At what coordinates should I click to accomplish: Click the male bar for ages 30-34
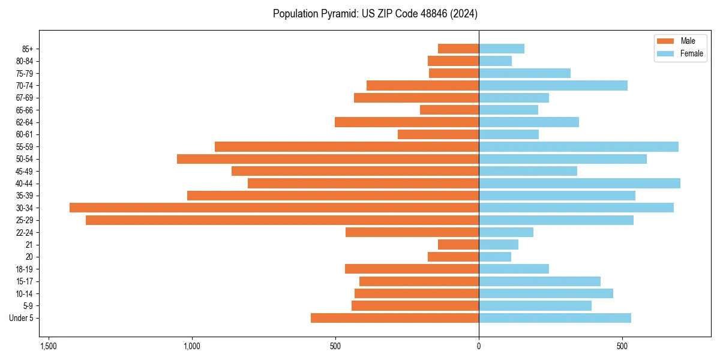pyautogui.click(x=274, y=208)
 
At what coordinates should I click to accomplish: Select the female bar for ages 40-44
pyautogui.click(x=580, y=183)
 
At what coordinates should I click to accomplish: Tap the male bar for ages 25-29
pyautogui.click(x=282, y=220)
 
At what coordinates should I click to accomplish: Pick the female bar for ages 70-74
pyautogui.click(x=553, y=85)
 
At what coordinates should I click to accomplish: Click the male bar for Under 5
pyautogui.click(x=395, y=318)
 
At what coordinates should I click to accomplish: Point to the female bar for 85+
pyautogui.click(x=502, y=49)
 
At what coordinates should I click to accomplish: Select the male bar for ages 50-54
pyautogui.click(x=328, y=159)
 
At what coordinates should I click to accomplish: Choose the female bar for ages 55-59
pyautogui.click(x=578, y=146)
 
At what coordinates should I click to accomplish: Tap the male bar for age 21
pyautogui.click(x=458, y=245)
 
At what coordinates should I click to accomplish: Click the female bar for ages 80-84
pyautogui.click(x=495, y=61)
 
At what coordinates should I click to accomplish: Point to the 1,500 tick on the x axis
pyautogui.click(x=49, y=346)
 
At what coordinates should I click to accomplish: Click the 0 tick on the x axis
pyautogui.click(x=479, y=346)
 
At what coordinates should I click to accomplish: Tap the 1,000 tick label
pyautogui.click(x=192, y=346)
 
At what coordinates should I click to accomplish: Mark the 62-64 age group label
pyautogui.click(x=25, y=122)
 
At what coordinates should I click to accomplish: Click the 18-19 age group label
pyautogui.click(x=25, y=269)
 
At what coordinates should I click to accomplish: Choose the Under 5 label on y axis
pyautogui.click(x=21, y=318)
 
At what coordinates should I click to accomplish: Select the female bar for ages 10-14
pyautogui.click(x=546, y=293)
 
